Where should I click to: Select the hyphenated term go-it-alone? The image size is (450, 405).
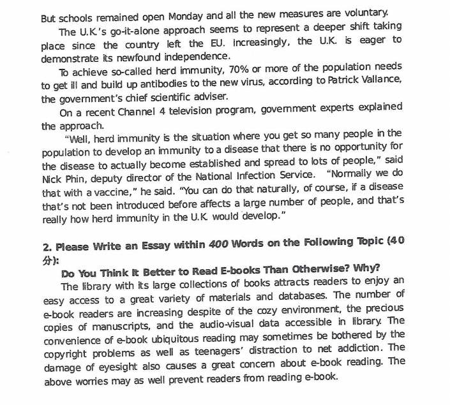click(135, 30)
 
